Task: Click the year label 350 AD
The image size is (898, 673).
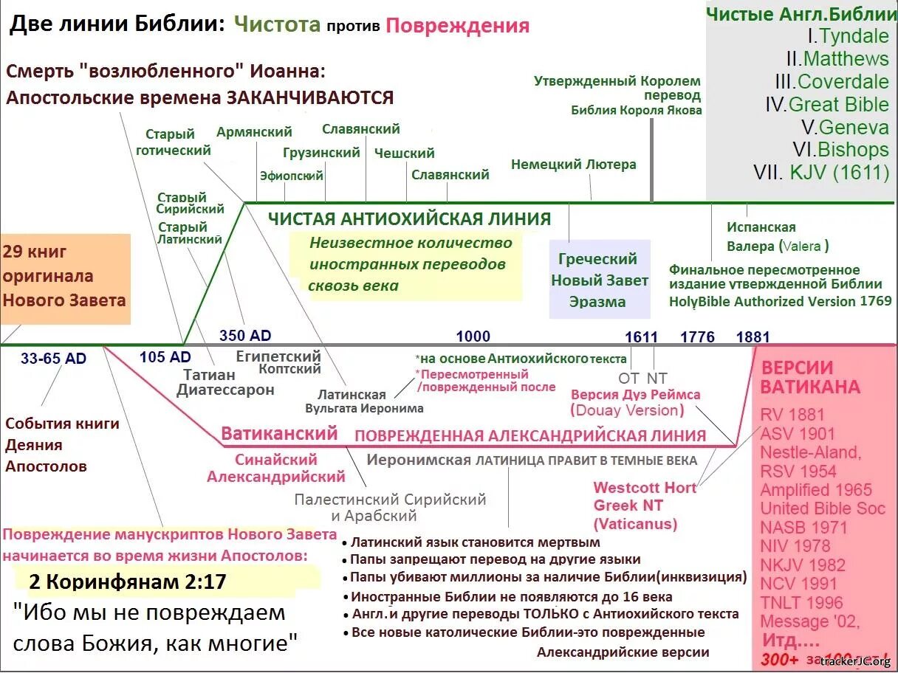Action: click(245, 336)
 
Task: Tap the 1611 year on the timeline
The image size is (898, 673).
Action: click(641, 337)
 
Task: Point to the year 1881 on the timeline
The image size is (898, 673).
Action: click(753, 337)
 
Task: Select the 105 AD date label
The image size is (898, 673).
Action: click(165, 357)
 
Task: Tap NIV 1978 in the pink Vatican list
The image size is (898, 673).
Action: click(795, 546)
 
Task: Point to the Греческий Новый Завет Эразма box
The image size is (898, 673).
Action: click(598, 280)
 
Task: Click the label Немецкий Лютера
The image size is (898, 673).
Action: click(574, 165)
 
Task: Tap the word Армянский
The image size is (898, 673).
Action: click(254, 133)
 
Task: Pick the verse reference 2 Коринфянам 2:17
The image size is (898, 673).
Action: click(127, 582)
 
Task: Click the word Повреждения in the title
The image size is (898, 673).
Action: click(458, 26)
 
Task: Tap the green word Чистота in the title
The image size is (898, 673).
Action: click(278, 24)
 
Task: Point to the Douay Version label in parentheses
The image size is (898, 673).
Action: click(627, 410)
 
